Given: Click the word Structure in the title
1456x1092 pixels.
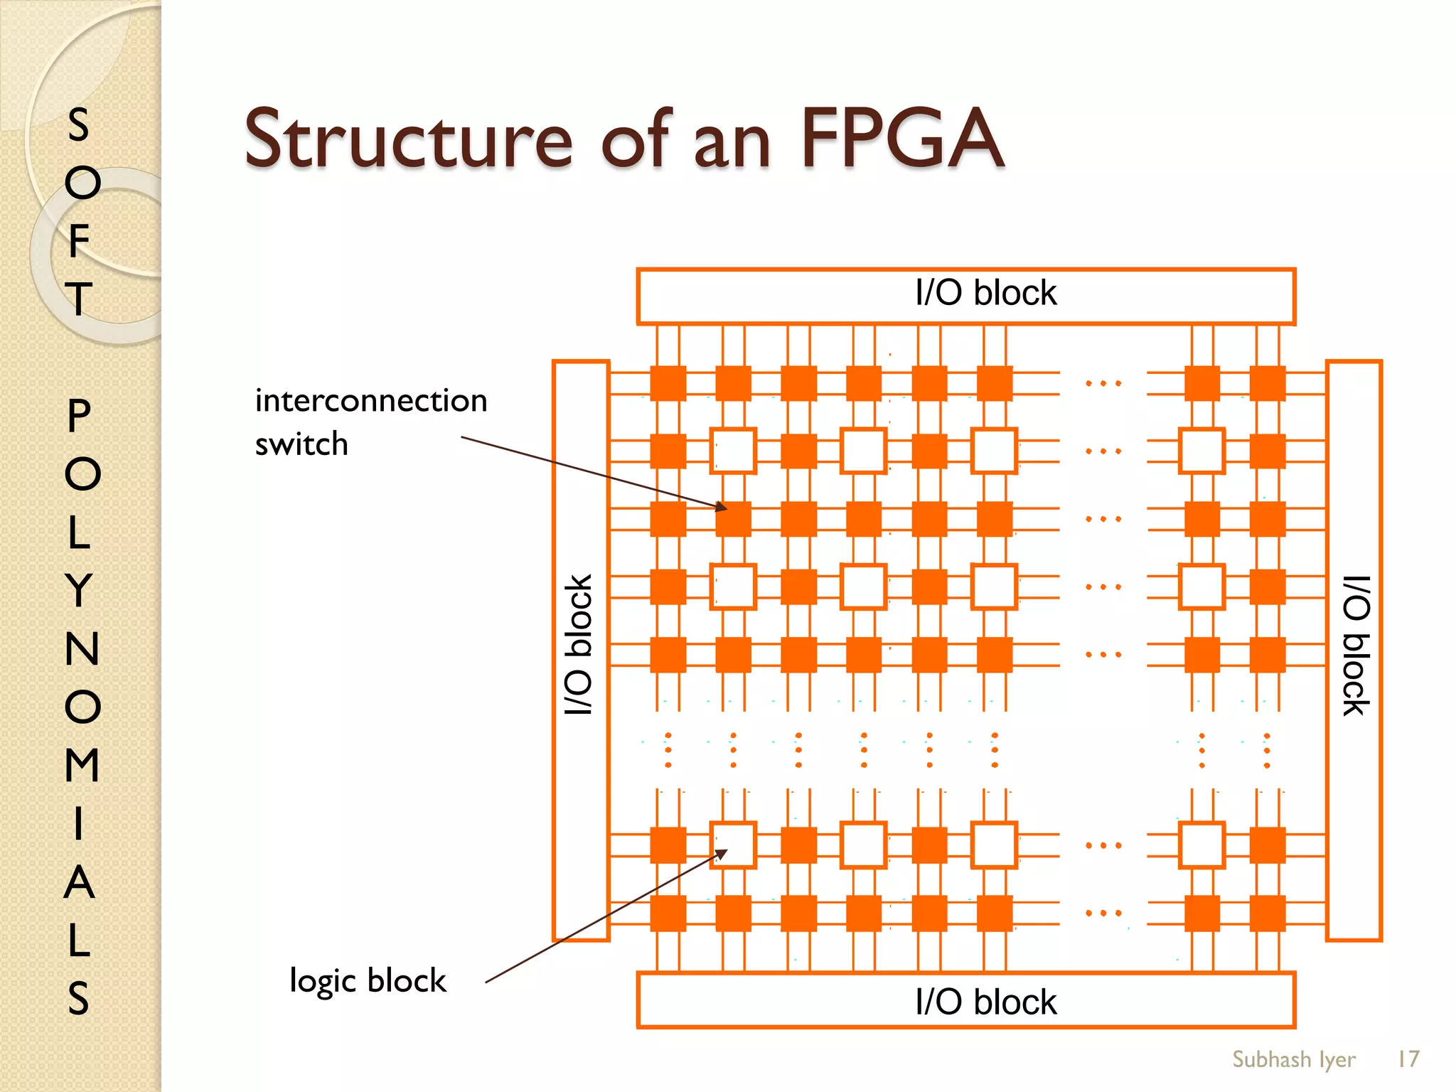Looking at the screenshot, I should point(408,139).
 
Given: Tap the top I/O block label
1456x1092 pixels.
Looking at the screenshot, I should point(985,293).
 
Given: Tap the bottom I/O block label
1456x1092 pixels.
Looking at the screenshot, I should point(985,1002).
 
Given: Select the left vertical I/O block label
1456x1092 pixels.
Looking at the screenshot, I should point(579,644).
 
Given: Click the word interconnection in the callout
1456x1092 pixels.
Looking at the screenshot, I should point(371,401).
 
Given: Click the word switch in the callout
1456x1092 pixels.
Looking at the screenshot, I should point(301,444).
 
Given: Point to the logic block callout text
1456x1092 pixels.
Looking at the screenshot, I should point(368,980).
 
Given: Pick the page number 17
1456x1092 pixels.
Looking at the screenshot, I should point(1408,1059).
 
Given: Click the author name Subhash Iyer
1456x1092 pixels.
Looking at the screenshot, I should point(1293,1059).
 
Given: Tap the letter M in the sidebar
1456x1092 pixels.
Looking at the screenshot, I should point(81,765).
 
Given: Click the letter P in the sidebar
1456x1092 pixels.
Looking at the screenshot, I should point(80,415).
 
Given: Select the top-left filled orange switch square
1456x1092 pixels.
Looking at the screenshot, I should point(668,384).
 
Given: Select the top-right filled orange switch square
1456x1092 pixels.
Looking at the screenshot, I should point(1267,384).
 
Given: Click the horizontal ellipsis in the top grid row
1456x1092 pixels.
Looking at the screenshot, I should point(1103,384).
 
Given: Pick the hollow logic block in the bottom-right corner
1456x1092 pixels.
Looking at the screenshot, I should point(1201,845).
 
